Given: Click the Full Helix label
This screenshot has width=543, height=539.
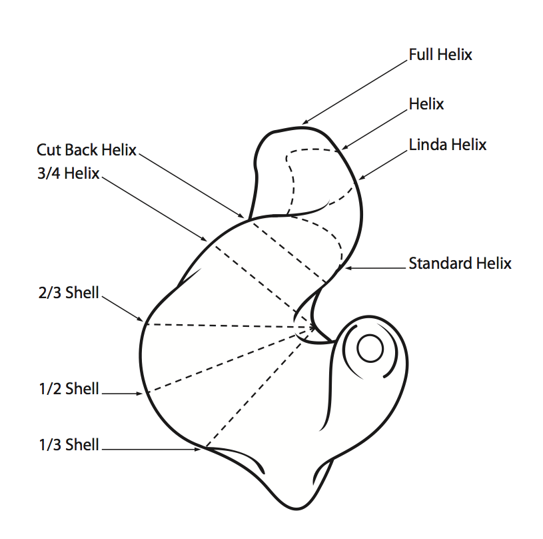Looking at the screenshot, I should [x=440, y=54].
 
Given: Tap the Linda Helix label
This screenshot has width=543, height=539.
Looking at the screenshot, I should [x=447, y=145].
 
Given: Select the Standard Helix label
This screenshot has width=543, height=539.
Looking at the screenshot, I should [x=460, y=263].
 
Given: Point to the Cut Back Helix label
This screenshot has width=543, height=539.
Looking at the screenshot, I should [x=86, y=150].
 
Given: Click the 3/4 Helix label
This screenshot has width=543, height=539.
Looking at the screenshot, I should [x=69, y=174].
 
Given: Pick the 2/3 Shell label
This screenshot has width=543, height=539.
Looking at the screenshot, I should [x=69, y=292].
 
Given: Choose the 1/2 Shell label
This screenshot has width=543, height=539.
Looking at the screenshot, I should [x=69, y=389].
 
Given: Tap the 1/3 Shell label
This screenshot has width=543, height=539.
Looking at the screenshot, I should [x=69, y=445].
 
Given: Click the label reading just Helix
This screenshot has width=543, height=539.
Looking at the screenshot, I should [x=426, y=104].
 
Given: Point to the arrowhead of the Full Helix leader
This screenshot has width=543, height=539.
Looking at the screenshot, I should [x=303, y=123].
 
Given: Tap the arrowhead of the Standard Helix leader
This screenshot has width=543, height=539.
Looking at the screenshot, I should [x=346, y=268].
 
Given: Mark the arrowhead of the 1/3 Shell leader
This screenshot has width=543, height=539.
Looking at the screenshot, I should [x=200, y=450].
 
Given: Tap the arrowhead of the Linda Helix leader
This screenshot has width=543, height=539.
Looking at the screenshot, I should [x=360, y=179].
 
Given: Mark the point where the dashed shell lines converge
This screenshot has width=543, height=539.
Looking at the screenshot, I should [x=313, y=328].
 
